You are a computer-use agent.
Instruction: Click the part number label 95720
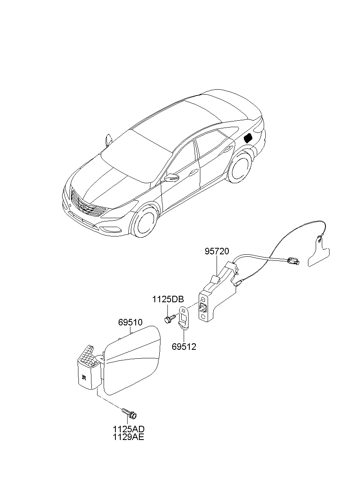[x=217, y=251]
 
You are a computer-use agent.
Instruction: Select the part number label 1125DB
[x=168, y=299]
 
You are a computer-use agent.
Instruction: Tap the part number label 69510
[x=130, y=323]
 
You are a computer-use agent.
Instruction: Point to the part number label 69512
[x=184, y=347]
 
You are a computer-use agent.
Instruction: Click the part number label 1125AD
[x=129, y=429]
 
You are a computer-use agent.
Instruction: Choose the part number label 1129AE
[x=128, y=437]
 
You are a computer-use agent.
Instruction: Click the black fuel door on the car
[x=248, y=138]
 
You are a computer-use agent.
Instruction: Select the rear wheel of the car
[x=239, y=168]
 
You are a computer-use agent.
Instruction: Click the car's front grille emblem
[x=85, y=207]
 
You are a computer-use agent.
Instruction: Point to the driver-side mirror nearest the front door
[x=172, y=177]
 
